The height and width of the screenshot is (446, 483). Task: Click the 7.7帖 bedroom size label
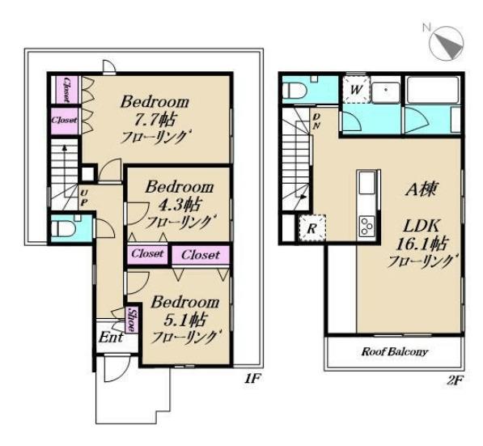tap(155, 119)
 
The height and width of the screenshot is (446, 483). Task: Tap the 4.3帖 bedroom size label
tap(180, 204)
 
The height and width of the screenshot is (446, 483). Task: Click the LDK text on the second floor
tap(422, 227)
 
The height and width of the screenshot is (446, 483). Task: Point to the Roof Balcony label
tap(395, 351)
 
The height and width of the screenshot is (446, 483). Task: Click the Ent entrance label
tap(111, 337)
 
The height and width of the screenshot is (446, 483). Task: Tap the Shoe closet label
tap(132, 321)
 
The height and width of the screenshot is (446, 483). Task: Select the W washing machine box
tap(356, 90)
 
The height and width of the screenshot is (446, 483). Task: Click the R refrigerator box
tap(312, 228)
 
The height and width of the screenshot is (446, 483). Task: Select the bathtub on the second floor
tap(433, 90)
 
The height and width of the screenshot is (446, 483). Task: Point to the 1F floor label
tap(252, 378)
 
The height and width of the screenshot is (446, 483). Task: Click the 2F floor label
tap(454, 380)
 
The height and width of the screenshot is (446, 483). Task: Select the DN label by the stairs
tap(316, 121)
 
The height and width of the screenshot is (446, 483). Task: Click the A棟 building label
tap(421, 189)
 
